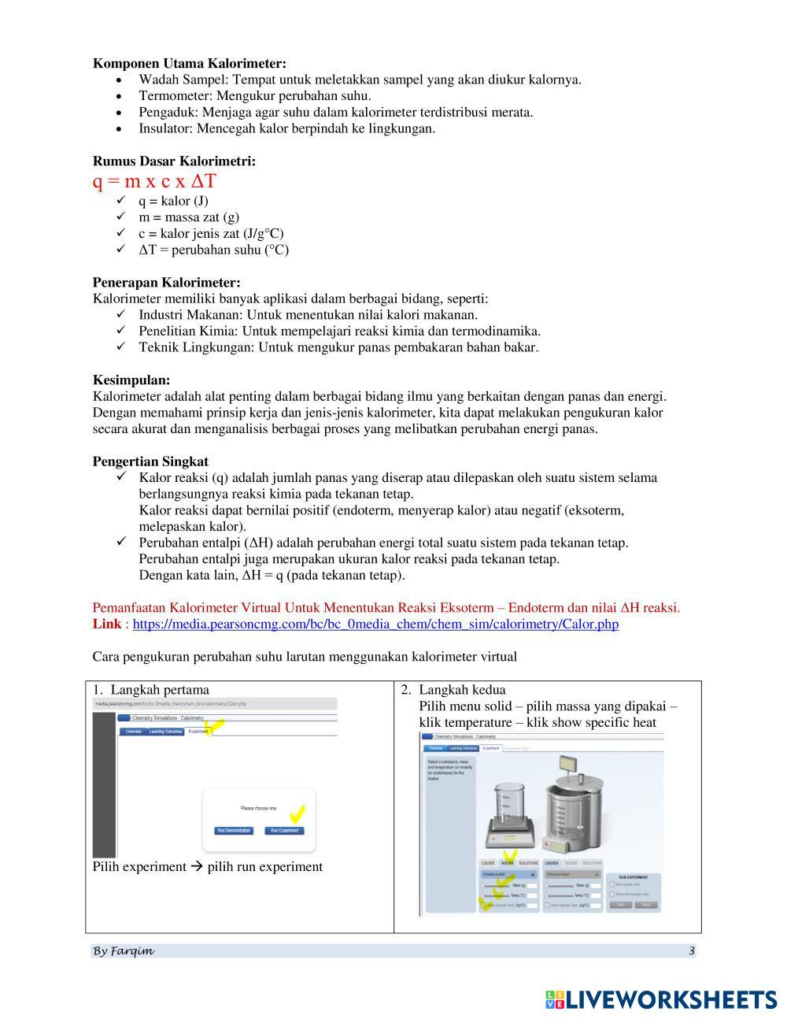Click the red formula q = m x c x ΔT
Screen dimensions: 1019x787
point(154,182)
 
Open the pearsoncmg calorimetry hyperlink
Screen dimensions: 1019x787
point(375,624)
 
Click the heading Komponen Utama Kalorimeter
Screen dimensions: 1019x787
point(190,63)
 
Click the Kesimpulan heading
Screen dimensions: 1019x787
point(131,380)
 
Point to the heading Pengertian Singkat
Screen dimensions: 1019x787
point(150,461)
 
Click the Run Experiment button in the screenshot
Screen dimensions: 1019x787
point(285,831)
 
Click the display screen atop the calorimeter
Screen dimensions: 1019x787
point(568,763)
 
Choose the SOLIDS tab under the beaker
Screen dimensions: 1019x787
point(508,863)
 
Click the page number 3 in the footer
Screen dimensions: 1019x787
point(691,950)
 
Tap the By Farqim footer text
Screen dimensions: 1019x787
point(124,950)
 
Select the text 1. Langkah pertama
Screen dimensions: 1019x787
point(151,690)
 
